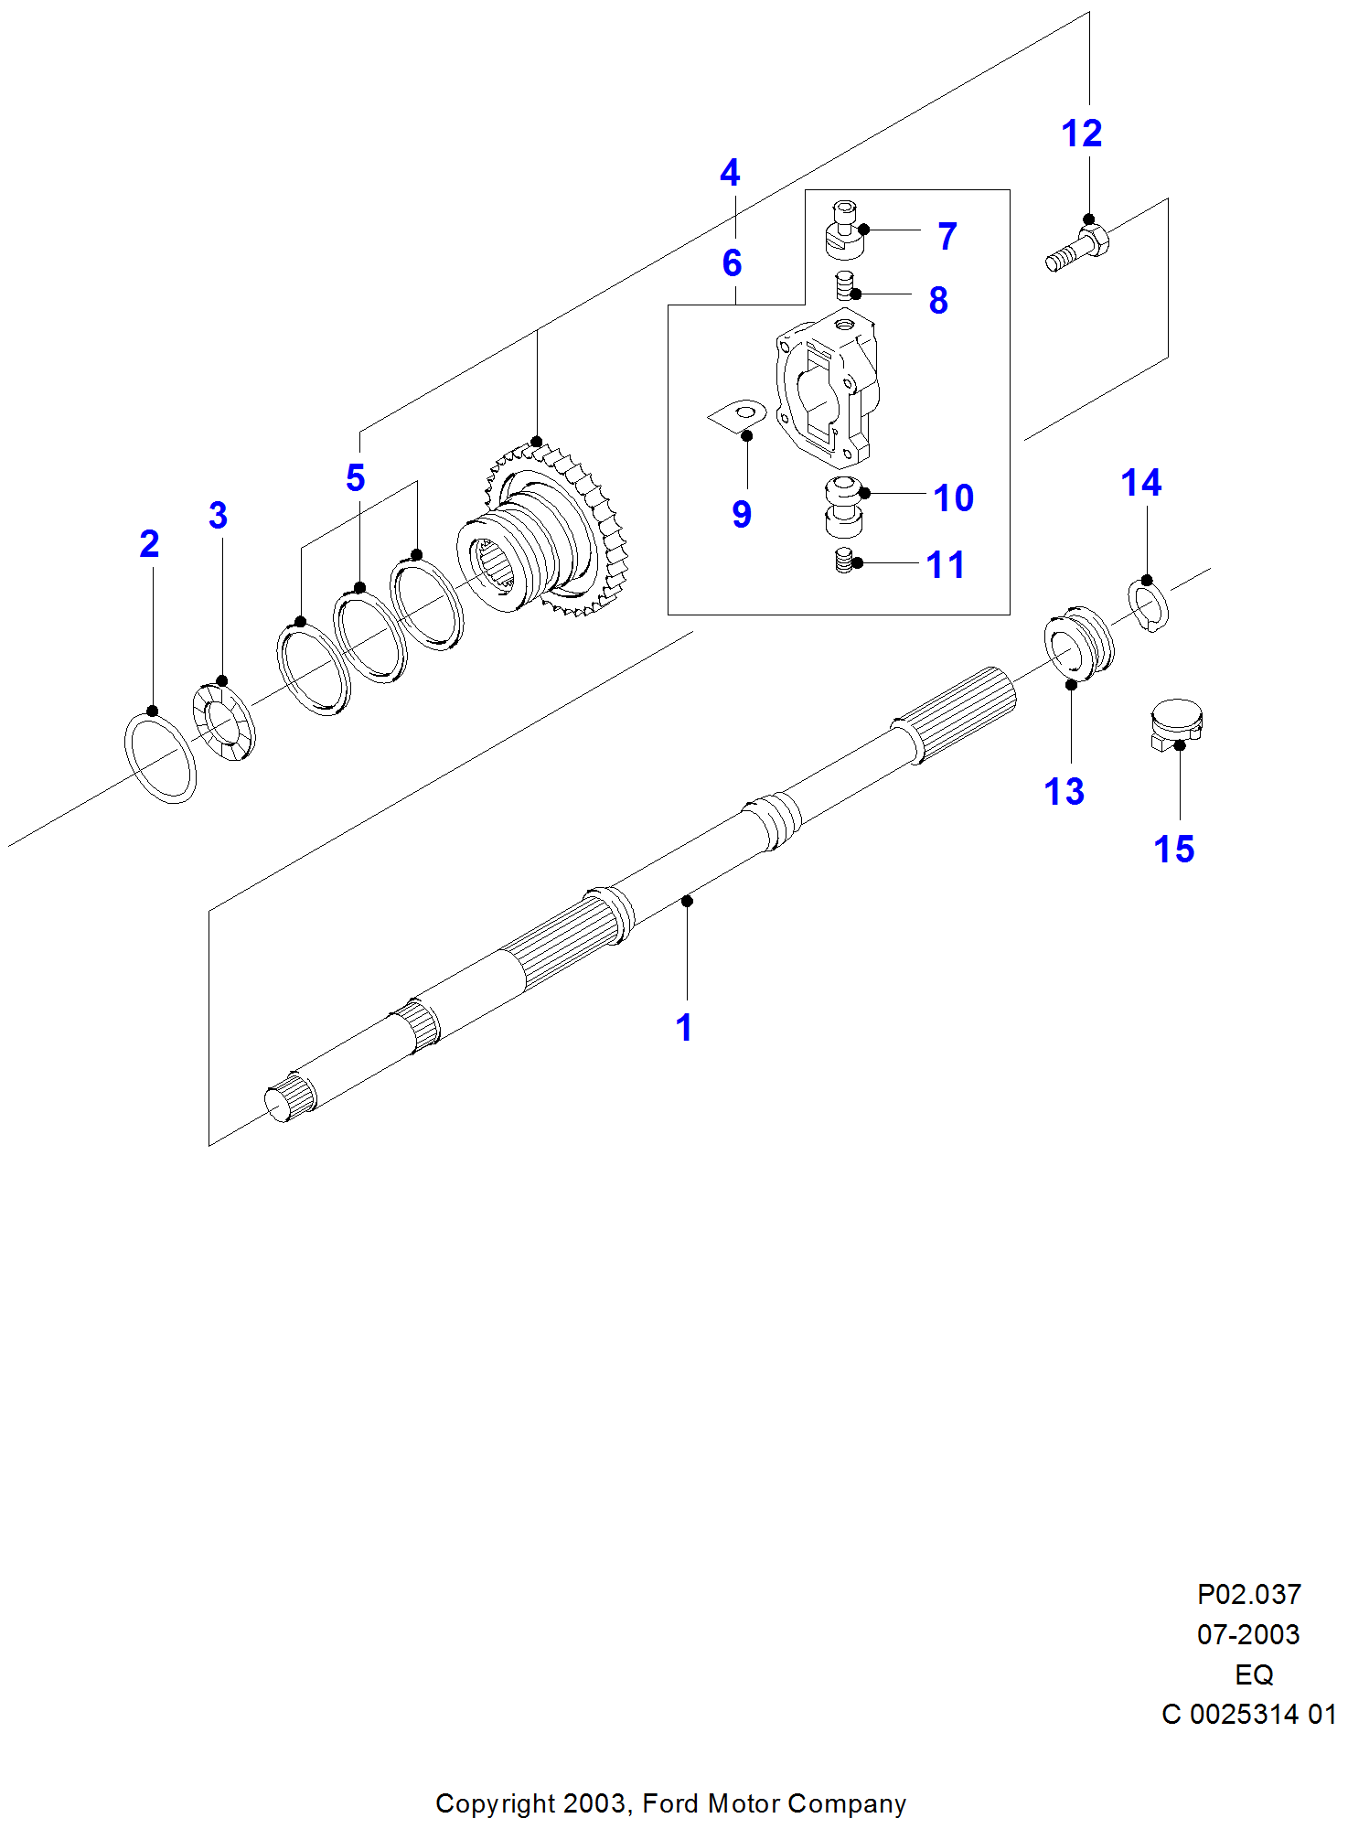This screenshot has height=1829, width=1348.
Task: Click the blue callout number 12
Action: point(1081,134)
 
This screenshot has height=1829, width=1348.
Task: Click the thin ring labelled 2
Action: point(160,758)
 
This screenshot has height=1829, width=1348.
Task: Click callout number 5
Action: point(356,478)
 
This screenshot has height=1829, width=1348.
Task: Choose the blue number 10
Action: point(953,498)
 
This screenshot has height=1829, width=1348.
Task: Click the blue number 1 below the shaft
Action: point(684,1028)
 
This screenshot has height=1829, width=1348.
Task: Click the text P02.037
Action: point(1248,1594)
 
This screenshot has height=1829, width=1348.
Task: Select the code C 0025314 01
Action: point(1248,1714)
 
